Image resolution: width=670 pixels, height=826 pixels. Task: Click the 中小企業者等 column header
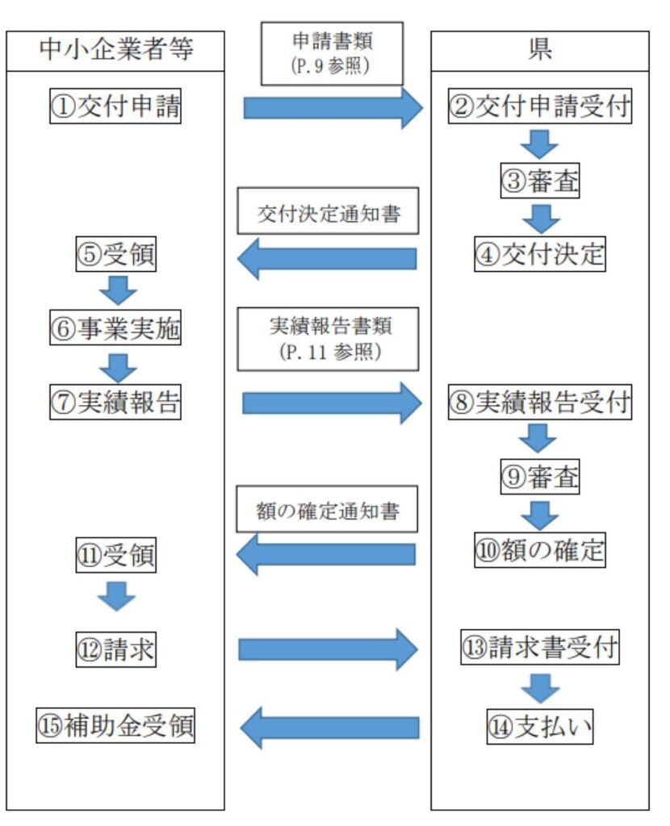(115, 51)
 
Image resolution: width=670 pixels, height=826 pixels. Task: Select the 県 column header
(539, 51)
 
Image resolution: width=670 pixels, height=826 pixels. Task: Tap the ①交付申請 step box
(116, 107)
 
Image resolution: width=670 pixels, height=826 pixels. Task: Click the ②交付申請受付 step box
(539, 107)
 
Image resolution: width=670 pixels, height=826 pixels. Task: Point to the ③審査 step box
(539, 181)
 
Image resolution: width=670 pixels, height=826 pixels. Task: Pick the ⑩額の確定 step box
(539, 550)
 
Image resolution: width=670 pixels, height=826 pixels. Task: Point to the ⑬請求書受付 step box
(539, 647)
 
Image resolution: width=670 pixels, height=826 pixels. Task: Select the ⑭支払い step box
(539, 727)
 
